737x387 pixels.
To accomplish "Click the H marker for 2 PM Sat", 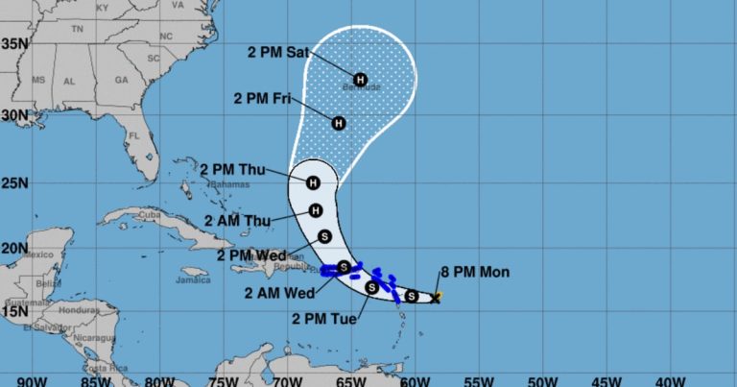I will coord(360,79).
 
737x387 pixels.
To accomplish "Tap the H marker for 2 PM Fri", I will coord(339,123).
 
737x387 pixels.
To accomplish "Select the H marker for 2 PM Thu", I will coord(313,182).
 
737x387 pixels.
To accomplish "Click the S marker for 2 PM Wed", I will coord(324,236).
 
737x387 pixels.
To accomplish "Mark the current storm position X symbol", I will coord(436,299).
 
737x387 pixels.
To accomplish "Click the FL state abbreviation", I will coord(134,136).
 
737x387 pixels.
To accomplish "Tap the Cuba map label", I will coord(148,214).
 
